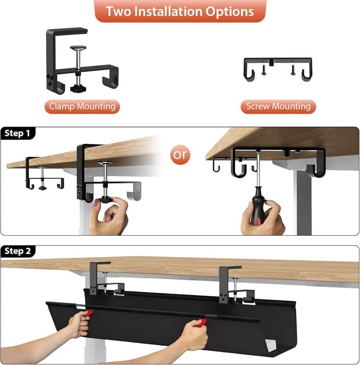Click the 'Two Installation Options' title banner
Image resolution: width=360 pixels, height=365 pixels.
click(x=179, y=11)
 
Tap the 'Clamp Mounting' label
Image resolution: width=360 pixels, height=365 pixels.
click(x=82, y=106)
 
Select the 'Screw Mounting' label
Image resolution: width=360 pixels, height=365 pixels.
click(x=278, y=106)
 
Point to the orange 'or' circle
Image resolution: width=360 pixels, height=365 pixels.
click(x=181, y=155)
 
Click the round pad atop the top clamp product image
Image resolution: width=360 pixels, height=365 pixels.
click(x=78, y=48)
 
